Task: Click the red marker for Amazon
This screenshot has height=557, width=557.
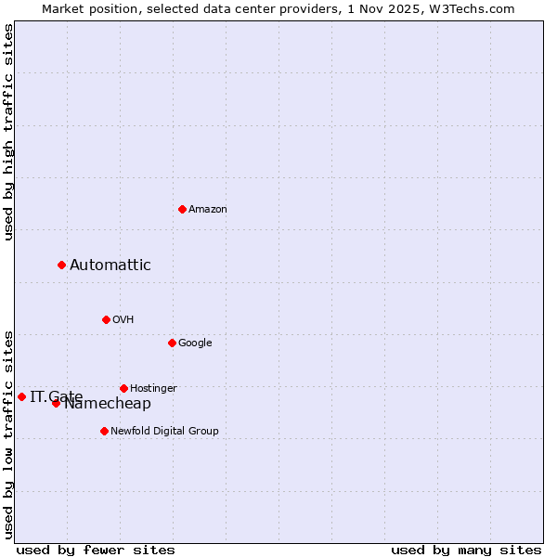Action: (x=182, y=209)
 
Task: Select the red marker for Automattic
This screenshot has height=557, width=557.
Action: (x=61, y=265)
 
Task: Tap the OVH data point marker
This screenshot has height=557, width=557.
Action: (x=106, y=319)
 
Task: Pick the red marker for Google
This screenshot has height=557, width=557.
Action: (x=172, y=343)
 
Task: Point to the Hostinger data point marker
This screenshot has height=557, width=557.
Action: (x=123, y=388)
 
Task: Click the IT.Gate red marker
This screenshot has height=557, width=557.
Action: (x=21, y=396)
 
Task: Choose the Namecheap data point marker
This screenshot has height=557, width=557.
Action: (x=56, y=403)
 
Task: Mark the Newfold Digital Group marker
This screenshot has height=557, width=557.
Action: (x=104, y=431)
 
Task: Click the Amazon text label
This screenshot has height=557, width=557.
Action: (x=208, y=210)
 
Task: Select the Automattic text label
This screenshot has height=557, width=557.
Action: (x=110, y=266)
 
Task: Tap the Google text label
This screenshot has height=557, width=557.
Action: (x=195, y=343)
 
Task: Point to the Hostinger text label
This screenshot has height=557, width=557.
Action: (x=153, y=388)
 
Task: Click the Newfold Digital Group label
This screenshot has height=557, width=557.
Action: (x=164, y=431)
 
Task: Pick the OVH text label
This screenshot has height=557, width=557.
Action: (x=123, y=320)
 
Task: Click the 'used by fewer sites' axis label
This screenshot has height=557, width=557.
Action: (x=96, y=550)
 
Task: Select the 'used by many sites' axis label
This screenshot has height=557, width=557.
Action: (x=466, y=550)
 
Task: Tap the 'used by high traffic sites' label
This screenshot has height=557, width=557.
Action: (x=9, y=132)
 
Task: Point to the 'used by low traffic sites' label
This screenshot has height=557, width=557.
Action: (x=9, y=434)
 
